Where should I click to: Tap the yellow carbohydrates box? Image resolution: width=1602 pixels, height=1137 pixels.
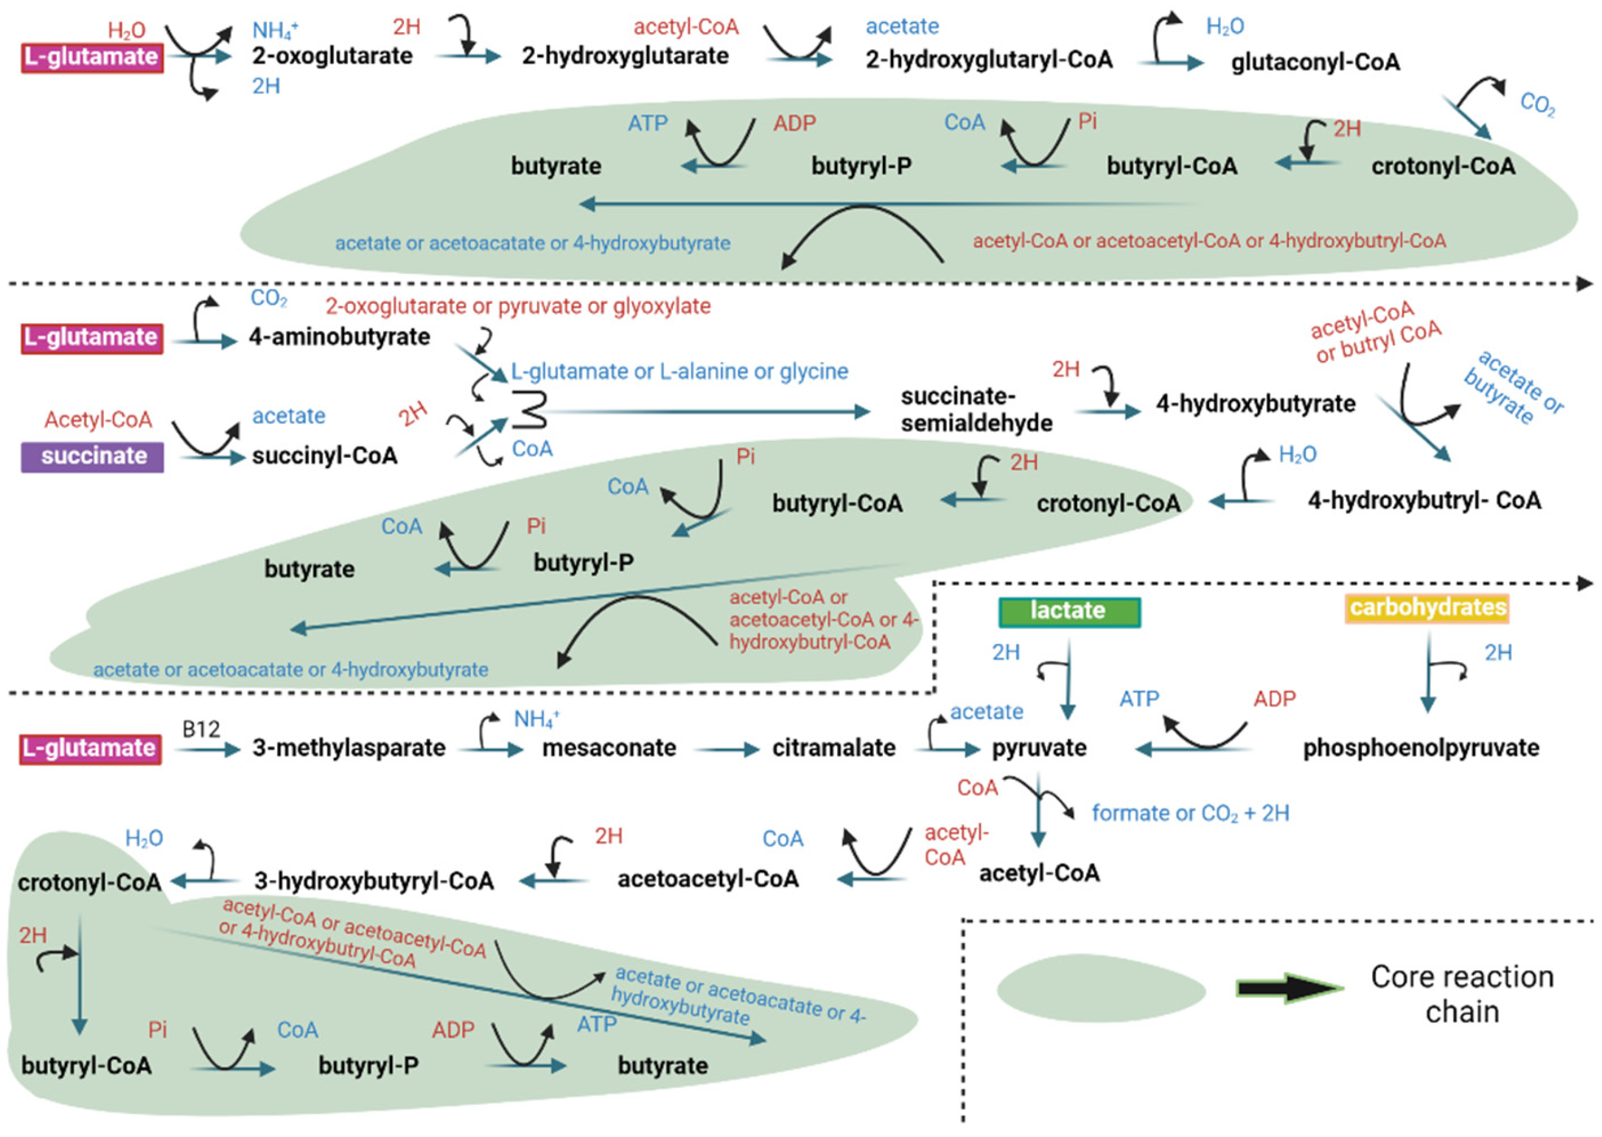(1427, 607)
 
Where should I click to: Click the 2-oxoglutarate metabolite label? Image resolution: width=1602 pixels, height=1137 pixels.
(332, 56)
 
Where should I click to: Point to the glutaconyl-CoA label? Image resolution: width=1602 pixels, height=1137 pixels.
(1315, 62)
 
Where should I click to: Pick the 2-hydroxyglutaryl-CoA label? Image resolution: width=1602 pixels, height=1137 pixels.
(988, 60)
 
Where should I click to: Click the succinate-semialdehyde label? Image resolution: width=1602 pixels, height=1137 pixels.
(976, 409)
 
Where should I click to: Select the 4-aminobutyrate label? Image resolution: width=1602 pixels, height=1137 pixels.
(340, 337)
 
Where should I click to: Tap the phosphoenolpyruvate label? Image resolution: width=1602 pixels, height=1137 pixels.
(1420, 748)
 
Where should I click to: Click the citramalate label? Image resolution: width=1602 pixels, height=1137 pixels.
(834, 748)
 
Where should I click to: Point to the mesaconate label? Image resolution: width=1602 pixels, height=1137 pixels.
(609, 748)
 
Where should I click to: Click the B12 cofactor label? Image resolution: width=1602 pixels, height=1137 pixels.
(201, 729)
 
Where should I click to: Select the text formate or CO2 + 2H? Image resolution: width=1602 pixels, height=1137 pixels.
(1190, 813)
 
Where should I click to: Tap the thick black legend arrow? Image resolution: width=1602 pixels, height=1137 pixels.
(1288, 988)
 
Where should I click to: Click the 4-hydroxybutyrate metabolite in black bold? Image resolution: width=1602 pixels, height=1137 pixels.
(1255, 404)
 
